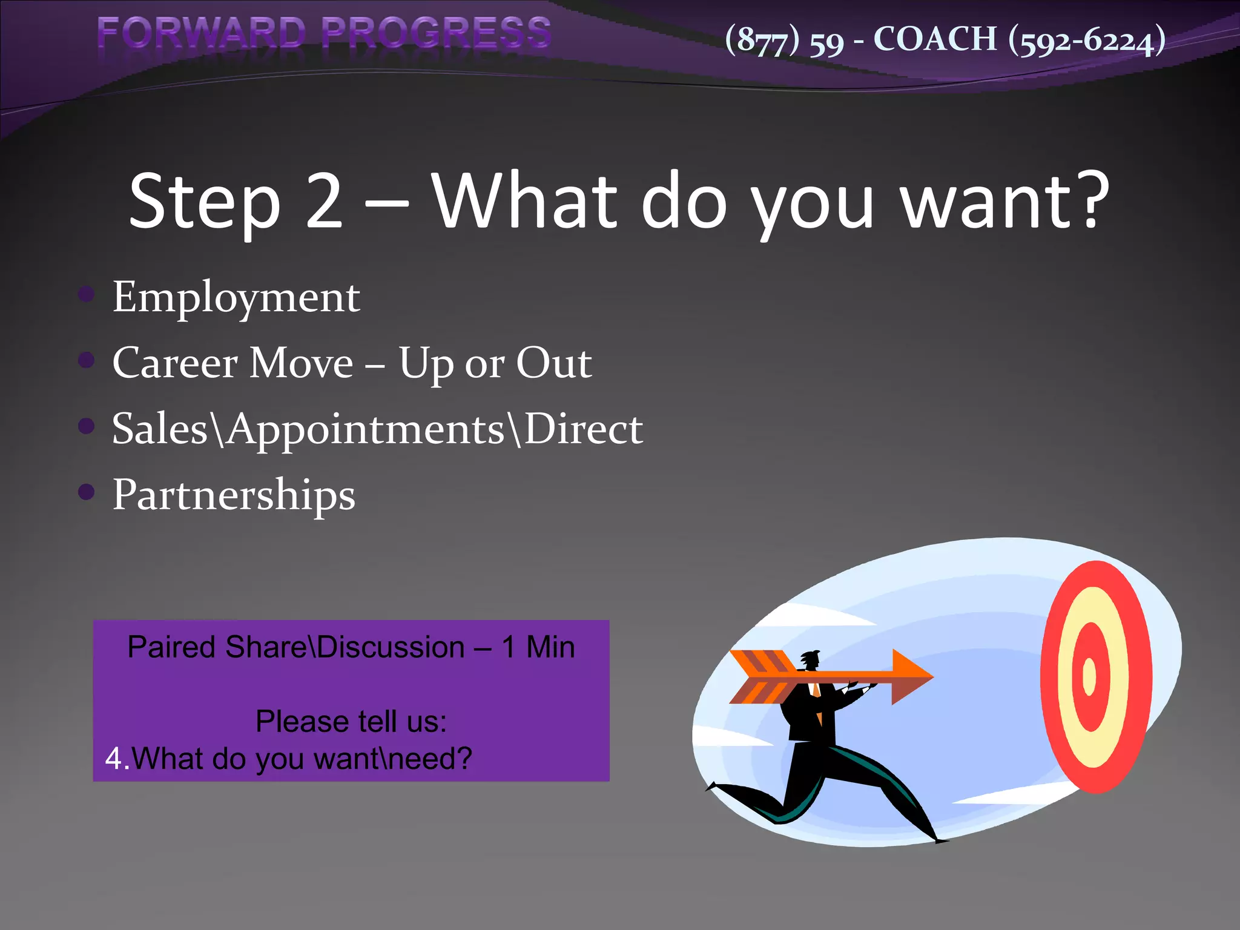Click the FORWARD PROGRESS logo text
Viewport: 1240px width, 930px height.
pyautogui.click(x=324, y=33)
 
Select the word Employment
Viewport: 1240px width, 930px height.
pyautogui.click(x=236, y=298)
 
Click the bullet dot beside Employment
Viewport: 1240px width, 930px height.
pyautogui.click(x=87, y=295)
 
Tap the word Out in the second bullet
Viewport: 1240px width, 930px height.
pyautogui.click(x=553, y=363)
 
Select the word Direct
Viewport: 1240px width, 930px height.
pyautogui.click(x=582, y=429)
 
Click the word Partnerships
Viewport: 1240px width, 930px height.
pyautogui.click(x=234, y=495)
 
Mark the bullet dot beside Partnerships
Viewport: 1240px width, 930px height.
pyautogui.click(x=87, y=492)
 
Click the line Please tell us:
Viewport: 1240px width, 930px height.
pyautogui.click(x=351, y=722)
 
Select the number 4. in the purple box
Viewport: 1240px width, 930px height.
pyautogui.click(x=117, y=759)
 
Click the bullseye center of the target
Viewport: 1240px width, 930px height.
pyautogui.click(x=1089, y=677)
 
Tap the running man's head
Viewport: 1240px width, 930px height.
pyautogui.click(x=810, y=659)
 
